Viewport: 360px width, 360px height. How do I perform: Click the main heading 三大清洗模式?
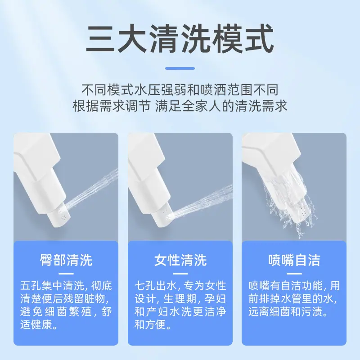(x=180, y=39)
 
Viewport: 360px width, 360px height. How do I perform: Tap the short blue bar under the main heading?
(x=180, y=68)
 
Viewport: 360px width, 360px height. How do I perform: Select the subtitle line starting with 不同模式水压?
(x=180, y=90)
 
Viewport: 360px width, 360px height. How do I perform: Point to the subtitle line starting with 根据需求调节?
(x=180, y=106)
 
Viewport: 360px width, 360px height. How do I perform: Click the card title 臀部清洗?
(x=66, y=260)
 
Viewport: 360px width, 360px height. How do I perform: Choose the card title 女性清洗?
(x=180, y=260)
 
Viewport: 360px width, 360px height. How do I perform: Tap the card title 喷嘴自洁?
(x=294, y=260)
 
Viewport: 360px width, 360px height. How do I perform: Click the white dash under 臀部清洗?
(x=66, y=274)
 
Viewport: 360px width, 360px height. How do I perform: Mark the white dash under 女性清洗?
(x=180, y=274)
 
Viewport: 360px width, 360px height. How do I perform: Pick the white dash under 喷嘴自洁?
(x=294, y=274)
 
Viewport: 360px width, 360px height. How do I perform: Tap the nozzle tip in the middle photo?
(x=165, y=216)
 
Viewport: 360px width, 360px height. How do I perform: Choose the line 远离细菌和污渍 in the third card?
(x=288, y=312)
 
